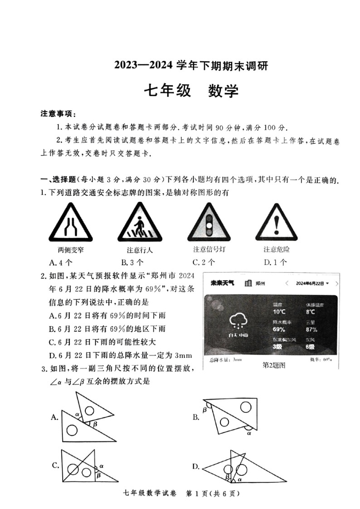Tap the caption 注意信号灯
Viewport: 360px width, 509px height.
(x=209, y=249)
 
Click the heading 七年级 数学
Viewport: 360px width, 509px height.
(x=191, y=91)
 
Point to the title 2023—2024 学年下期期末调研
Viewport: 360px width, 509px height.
(x=191, y=66)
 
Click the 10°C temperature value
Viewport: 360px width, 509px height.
(x=279, y=312)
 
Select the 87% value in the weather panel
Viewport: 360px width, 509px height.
(x=311, y=330)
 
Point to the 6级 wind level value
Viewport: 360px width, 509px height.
(x=311, y=347)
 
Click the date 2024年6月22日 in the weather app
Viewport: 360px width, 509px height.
(x=310, y=283)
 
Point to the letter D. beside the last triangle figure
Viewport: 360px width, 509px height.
(x=196, y=466)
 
